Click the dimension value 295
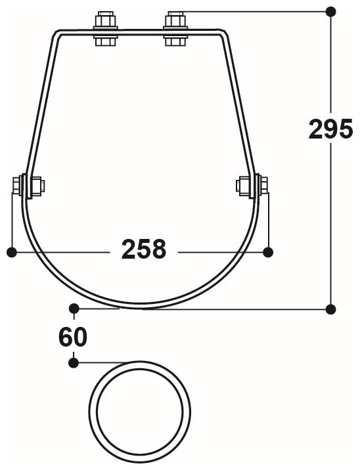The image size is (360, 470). [331, 129]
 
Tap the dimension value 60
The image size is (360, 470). [72, 337]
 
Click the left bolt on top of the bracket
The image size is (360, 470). [106, 29]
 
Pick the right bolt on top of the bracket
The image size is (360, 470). [174, 29]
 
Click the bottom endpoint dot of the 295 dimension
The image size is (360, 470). [331, 308]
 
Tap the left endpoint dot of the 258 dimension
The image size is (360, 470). [11, 251]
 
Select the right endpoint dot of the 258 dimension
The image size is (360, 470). [267, 251]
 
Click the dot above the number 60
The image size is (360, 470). [74, 308]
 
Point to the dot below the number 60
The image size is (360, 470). [74, 361]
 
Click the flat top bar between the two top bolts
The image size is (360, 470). [140, 30]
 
